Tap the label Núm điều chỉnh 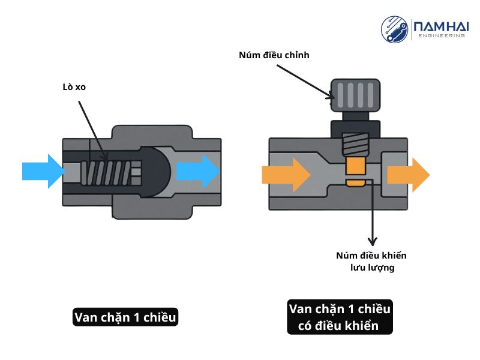pyautogui.click(x=273, y=55)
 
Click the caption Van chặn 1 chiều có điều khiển pyautogui.click(x=340, y=317)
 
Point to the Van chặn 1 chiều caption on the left pyautogui.click(x=125, y=317)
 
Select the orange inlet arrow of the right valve pyautogui.click(x=286, y=175)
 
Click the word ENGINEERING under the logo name pyautogui.click(x=440, y=36)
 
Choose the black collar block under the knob pyautogui.click(x=355, y=128)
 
